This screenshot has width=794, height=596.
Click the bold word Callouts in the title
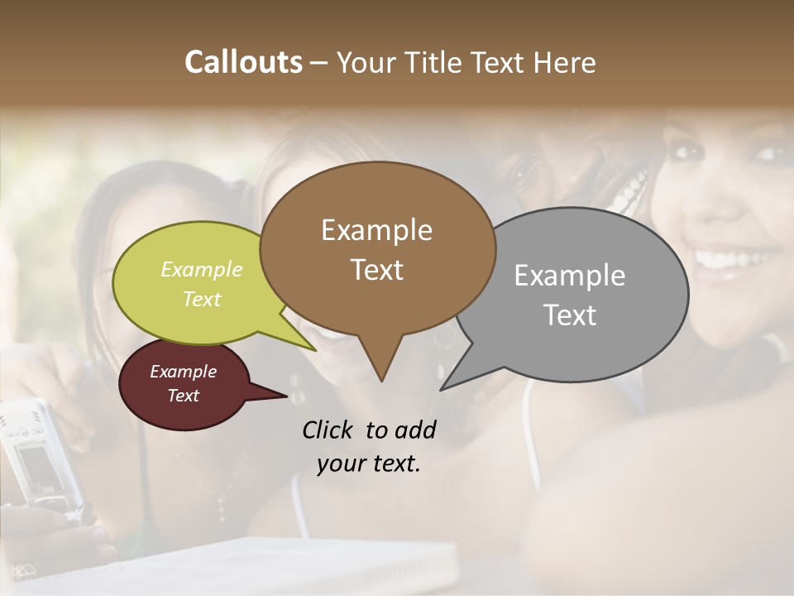243,62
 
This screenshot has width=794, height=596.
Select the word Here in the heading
566,62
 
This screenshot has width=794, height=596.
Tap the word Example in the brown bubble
376,230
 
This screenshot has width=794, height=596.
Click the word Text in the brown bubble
376,269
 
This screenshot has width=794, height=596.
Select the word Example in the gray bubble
569,276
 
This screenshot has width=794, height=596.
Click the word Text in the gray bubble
570,315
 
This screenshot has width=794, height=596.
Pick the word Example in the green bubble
202,269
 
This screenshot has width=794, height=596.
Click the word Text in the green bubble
202,299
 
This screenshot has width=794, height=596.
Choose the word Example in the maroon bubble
183,372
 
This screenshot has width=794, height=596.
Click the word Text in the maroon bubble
183,396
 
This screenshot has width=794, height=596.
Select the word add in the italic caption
415,430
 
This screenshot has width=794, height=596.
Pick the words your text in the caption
368,464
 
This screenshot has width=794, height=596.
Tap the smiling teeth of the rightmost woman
730,257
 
